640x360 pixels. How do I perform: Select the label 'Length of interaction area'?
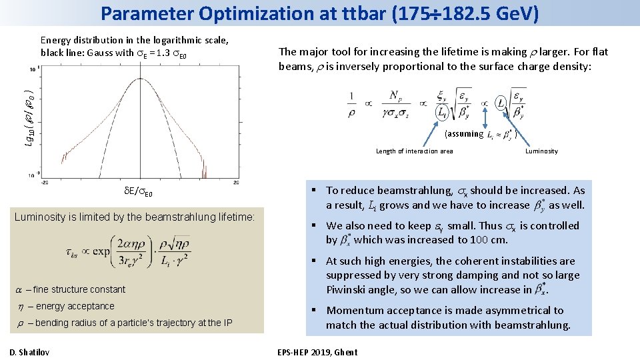[414, 151]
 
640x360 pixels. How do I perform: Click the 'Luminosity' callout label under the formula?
[541, 151]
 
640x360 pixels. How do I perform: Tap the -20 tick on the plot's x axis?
[45, 182]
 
